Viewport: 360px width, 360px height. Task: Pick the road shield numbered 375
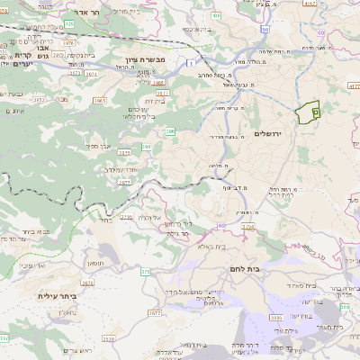(x=145, y=271)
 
